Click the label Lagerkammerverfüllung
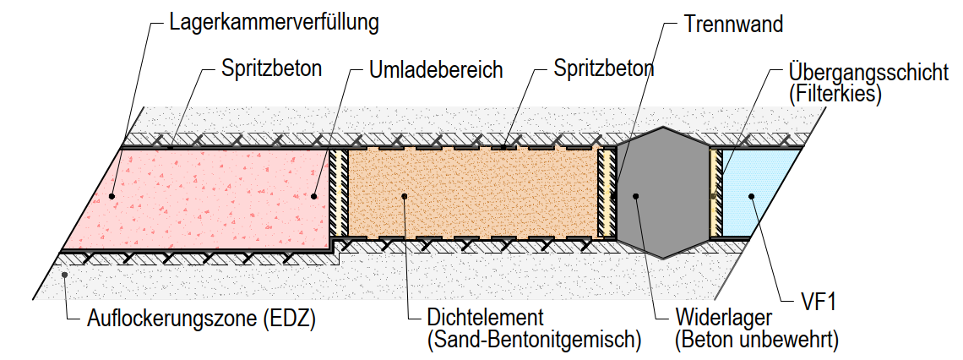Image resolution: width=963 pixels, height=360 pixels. (274, 22)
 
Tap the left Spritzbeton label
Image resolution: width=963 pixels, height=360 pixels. (271, 68)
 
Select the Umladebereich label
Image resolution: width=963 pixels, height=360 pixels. (436, 69)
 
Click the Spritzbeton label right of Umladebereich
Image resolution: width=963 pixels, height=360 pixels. (604, 68)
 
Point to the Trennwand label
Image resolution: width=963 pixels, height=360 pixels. (732, 23)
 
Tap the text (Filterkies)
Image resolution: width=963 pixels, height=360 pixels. (835, 94)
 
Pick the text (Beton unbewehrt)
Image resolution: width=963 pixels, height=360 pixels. (756, 341)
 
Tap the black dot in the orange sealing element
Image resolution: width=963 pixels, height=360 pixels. (406, 196)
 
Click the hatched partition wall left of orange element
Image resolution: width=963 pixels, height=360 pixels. (339, 193)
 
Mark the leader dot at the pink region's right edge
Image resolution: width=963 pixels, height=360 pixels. (314, 196)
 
